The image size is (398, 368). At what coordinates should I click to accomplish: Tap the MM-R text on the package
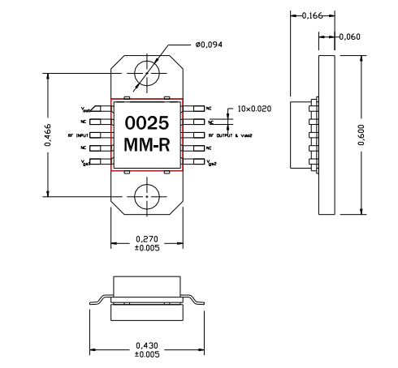(x=146, y=146)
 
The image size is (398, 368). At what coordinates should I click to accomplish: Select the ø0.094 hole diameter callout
(x=209, y=45)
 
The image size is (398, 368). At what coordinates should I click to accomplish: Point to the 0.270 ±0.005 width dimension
(x=146, y=243)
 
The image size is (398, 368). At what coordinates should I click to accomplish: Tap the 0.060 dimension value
(x=349, y=36)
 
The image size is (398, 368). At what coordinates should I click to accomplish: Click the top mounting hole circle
(x=148, y=73)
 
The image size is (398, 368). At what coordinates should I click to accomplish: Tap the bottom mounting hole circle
(x=148, y=196)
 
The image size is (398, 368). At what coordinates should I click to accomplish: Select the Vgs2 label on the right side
(x=211, y=163)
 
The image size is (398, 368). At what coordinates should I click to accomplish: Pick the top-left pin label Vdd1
(x=86, y=108)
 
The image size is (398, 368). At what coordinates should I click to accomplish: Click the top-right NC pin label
(x=209, y=107)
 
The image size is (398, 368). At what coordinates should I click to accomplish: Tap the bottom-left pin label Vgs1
(x=86, y=163)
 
